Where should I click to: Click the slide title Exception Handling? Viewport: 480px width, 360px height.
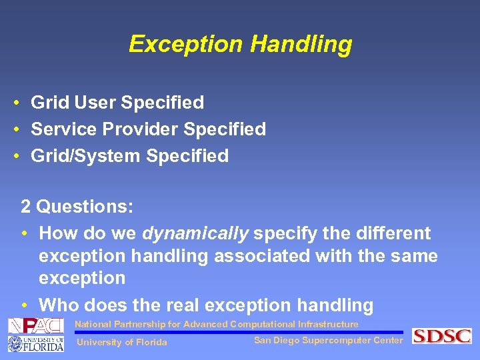pos(240,44)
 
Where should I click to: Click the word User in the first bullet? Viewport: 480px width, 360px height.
pos(95,103)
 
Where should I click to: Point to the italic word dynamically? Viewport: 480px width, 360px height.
pos(195,233)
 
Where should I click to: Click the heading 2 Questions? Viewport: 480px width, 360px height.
pos(77,207)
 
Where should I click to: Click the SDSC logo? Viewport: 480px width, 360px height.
pos(441,336)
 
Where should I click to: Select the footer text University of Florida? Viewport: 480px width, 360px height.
pos(122,343)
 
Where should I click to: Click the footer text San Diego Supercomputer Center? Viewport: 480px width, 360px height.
pos(328,341)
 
